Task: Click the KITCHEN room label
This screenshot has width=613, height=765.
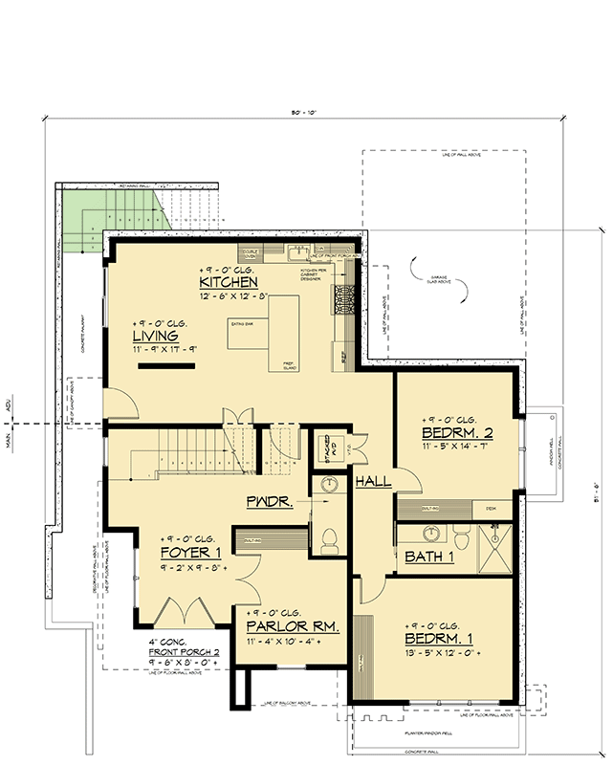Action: coord(228,283)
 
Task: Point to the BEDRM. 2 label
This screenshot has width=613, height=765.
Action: coord(457,433)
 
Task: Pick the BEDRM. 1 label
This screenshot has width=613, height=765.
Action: coord(440,638)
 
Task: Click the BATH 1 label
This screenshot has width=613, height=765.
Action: coord(427,557)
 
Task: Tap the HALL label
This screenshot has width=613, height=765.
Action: coord(373,482)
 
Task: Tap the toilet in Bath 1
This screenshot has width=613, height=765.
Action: coord(458,539)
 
